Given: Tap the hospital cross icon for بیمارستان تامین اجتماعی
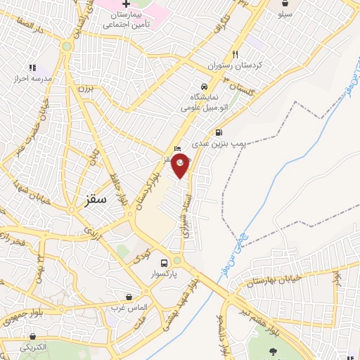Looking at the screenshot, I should (127, 4).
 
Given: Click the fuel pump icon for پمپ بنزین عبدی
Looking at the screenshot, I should (219, 132).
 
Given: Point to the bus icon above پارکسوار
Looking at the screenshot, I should (164, 259).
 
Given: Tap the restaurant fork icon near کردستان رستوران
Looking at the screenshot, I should (236, 54).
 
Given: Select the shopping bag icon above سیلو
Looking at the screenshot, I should (285, 4).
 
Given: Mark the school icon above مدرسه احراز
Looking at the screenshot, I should (32, 68).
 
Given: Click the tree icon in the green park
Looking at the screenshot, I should (272, 352).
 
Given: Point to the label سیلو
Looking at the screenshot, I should (285, 14).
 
